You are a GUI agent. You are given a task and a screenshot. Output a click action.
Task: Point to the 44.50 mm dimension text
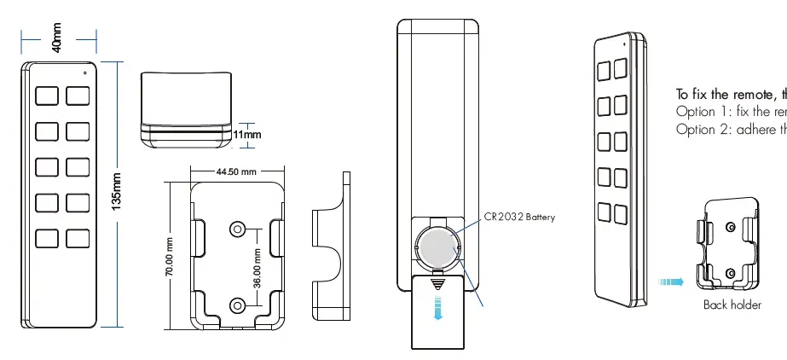[x=236, y=171]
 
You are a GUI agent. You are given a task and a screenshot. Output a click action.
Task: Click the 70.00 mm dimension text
[x=170, y=257]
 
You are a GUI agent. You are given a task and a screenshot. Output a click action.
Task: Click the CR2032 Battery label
[x=519, y=217]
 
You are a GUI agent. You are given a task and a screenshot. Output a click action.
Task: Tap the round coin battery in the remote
[x=438, y=247]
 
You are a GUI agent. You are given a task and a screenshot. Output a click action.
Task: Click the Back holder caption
[x=732, y=305]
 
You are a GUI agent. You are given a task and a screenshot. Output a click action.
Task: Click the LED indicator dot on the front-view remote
[x=85, y=72]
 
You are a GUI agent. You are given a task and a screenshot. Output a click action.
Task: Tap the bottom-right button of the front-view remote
[x=78, y=238]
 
